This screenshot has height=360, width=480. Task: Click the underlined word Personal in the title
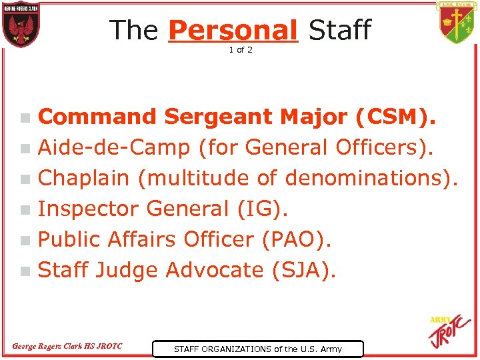[x=233, y=30]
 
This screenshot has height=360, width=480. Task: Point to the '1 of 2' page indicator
[x=241, y=51]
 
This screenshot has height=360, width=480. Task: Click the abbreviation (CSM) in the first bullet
[x=396, y=117]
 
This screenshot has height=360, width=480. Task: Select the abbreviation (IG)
[x=263, y=209]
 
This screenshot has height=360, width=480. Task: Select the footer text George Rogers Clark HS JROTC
[x=67, y=346]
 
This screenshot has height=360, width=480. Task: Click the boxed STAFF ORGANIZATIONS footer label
[x=257, y=349]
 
